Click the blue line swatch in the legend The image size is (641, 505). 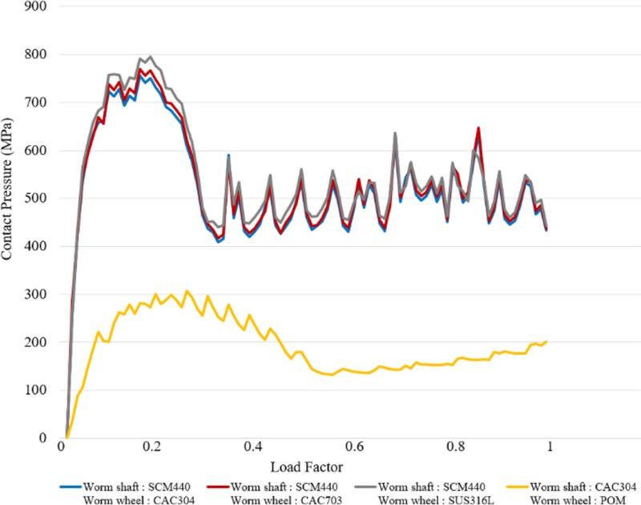coord(77,486)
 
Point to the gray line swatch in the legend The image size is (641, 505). coord(359,486)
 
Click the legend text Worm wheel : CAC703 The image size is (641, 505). coord(277,498)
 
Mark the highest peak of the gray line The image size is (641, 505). coord(150,57)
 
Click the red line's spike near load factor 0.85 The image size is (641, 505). coord(478,127)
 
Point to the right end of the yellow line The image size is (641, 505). coord(546,341)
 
